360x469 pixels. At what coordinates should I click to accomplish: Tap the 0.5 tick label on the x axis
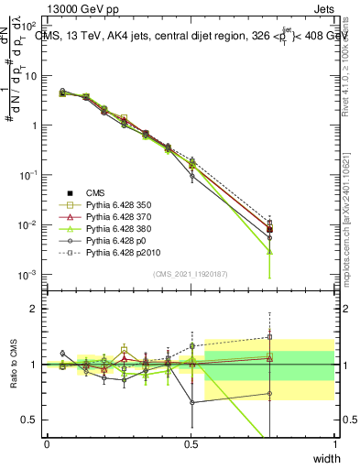(191, 443)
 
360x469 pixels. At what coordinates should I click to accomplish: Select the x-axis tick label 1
(334, 443)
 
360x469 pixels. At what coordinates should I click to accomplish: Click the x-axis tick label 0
(47, 443)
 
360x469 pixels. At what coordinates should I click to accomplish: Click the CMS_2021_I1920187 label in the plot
(191, 273)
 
